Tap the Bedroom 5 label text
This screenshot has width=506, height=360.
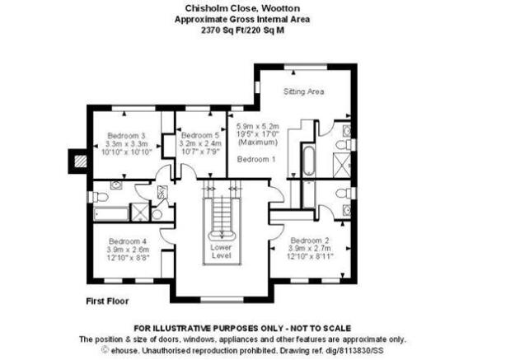coord(200,135)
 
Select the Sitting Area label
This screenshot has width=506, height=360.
coord(303,91)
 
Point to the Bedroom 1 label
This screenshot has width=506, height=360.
coord(256,159)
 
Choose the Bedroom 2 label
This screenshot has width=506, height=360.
coord(310,241)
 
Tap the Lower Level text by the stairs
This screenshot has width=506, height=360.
coord(221,251)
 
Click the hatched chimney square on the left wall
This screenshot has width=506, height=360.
coord(81,161)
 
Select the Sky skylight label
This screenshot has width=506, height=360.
coord(161,193)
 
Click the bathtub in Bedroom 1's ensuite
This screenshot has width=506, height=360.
coord(309,161)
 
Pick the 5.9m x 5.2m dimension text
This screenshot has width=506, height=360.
coord(258,126)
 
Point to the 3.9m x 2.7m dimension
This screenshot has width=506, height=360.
coord(310,249)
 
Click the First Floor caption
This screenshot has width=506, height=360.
coord(107,302)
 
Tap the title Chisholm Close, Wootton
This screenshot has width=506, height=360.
coord(242,8)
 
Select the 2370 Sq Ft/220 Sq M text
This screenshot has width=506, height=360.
coord(242,30)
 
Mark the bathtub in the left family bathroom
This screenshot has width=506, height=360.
coord(111,214)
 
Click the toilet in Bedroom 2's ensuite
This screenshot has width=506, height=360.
coord(344,194)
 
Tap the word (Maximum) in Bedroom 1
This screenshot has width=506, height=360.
coord(258,142)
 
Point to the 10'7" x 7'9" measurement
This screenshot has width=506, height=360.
coord(200,152)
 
